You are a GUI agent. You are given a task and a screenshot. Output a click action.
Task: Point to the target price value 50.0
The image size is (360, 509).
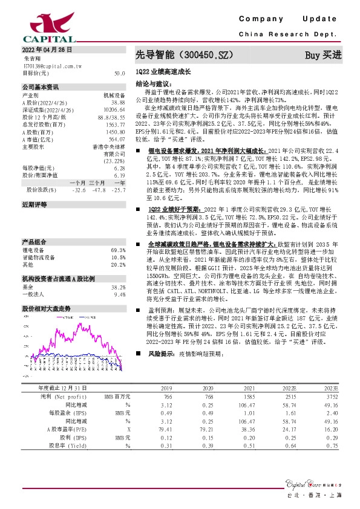[x=119, y=73]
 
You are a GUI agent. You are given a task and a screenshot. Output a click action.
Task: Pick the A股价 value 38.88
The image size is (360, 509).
[x=119, y=102]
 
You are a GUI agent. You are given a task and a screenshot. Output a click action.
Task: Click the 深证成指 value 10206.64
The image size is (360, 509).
[x=115, y=109]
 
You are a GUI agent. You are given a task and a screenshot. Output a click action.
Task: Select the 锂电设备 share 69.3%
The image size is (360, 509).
[x=119, y=250]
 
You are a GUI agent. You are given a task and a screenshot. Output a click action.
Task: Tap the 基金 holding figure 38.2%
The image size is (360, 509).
[x=119, y=287]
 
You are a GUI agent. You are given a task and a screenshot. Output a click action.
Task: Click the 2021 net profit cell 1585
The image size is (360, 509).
[x=249, y=395]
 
